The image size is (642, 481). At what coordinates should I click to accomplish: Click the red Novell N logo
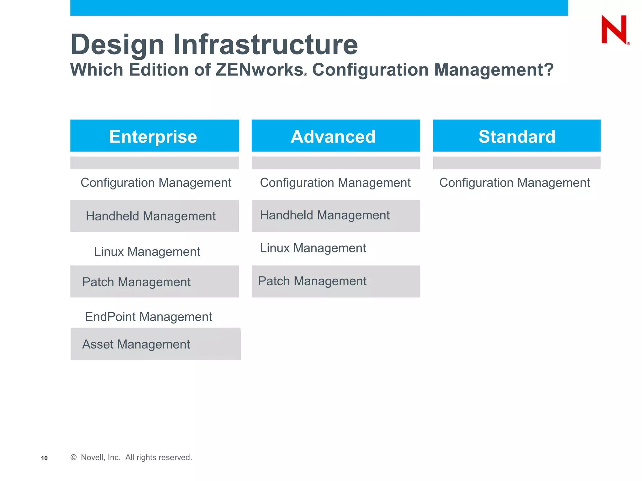[x=614, y=29]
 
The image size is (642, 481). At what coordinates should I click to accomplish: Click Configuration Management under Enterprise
[x=156, y=183]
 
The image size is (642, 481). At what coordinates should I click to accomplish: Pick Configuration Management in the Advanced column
[x=335, y=183]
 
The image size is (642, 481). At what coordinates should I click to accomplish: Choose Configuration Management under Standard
[x=514, y=183]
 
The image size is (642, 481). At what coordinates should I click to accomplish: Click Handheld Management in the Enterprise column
[x=151, y=216]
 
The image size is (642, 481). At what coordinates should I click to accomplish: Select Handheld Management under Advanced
[x=325, y=215]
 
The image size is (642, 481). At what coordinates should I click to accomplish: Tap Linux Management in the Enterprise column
[x=147, y=252]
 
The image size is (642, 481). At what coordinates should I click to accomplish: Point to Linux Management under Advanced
[x=313, y=248]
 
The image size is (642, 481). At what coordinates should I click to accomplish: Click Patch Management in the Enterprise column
[x=136, y=282]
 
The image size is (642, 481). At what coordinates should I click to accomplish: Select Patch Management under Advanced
[x=312, y=281]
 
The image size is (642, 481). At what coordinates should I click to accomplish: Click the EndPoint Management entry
[x=149, y=317]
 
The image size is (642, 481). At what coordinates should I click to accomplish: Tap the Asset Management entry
[x=136, y=344]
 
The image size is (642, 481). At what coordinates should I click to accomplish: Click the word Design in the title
[x=118, y=44]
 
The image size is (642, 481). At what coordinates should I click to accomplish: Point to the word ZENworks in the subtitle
[x=259, y=70]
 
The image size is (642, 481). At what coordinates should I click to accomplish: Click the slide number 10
[x=44, y=458]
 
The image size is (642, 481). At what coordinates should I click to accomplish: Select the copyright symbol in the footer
[x=74, y=458]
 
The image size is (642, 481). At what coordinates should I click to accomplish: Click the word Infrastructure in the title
[x=266, y=44]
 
